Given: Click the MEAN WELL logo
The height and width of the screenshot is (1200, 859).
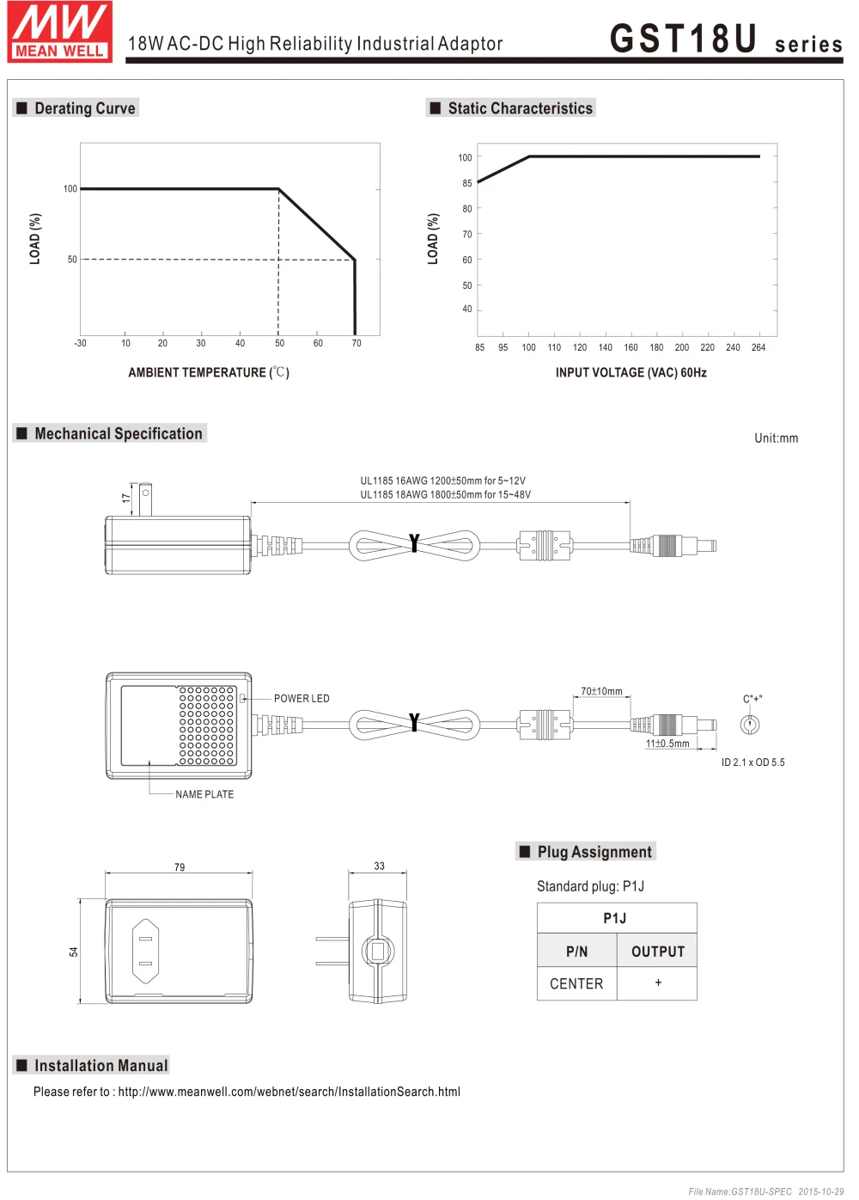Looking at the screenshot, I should (x=60, y=32).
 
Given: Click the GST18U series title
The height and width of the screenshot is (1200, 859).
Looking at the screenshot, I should (x=725, y=40).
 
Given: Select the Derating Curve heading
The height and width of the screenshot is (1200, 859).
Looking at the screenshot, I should (x=84, y=108).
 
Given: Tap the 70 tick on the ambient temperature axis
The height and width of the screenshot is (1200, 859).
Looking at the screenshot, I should (x=356, y=344).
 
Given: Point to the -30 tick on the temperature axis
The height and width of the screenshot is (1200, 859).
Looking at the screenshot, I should (x=80, y=344).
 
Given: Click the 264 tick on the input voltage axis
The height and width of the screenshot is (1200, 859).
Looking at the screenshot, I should (x=758, y=348).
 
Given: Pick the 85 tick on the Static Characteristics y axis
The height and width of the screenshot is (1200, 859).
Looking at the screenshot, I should (x=467, y=183).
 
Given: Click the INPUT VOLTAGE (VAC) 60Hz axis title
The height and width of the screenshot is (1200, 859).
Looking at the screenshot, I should (x=631, y=373).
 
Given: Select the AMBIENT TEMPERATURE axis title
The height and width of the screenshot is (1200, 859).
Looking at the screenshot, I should (x=208, y=373).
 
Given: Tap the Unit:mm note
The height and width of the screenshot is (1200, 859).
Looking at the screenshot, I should (x=776, y=438).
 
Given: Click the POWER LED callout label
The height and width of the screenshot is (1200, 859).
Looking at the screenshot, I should (x=302, y=699).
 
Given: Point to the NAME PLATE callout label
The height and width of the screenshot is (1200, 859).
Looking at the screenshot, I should (x=204, y=795).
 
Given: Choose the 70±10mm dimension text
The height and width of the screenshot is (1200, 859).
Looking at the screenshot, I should (x=601, y=691).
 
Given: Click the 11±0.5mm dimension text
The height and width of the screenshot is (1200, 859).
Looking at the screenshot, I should (x=667, y=744).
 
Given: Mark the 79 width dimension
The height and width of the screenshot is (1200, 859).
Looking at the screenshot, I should (x=180, y=867).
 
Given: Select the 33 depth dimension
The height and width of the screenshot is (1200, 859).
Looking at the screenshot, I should (x=379, y=866).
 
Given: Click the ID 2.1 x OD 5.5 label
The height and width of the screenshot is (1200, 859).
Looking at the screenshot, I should (x=752, y=763).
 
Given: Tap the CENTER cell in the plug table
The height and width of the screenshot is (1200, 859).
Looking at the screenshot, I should (x=576, y=984).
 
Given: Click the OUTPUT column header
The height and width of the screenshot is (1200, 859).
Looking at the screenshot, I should (x=658, y=952).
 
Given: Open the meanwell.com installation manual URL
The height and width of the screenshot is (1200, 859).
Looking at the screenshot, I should (x=289, y=1093).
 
